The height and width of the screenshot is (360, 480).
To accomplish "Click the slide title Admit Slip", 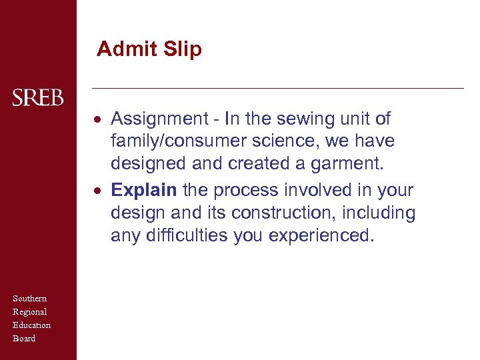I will (149, 49).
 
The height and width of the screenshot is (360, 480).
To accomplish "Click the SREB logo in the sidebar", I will (38, 98).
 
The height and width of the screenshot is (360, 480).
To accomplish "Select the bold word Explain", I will (144, 190).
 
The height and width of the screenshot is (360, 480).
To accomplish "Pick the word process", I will (247, 190).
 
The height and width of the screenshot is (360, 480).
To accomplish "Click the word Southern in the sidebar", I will (30, 299).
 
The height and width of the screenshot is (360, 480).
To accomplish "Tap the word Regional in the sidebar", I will (30, 312).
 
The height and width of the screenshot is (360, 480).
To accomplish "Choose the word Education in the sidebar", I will (32, 325).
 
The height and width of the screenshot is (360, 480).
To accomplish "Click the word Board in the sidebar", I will (24, 339).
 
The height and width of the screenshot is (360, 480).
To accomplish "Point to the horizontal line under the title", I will (277, 88).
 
